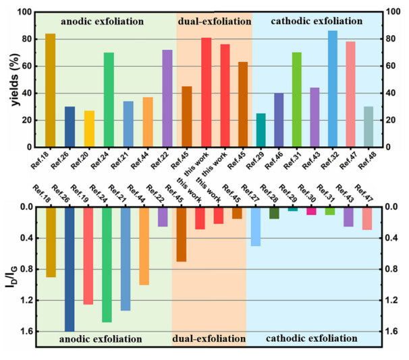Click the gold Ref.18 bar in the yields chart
(x=50, y=90)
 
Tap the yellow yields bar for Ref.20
(x=89, y=129)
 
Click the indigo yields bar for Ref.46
(x=279, y=120)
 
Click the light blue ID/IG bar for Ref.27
(x=256, y=227)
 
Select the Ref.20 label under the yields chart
(x=88, y=160)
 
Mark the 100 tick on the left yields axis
(x=24, y=12)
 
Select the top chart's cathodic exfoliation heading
(x=317, y=21)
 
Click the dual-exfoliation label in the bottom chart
(x=210, y=338)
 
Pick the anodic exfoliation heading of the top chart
(x=101, y=21)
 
